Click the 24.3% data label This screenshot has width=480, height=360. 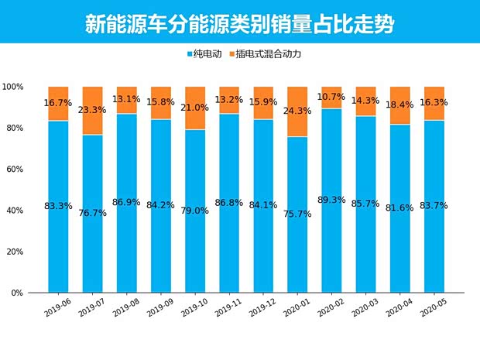pyautogui.click(x=297, y=111)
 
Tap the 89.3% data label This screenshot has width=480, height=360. pyautogui.click(x=332, y=199)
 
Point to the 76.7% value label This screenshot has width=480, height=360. pyautogui.click(x=92, y=213)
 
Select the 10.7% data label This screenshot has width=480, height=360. pyautogui.click(x=332, y=97)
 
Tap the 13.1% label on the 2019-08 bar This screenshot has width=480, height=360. pyautogui.click(x=126, y=99)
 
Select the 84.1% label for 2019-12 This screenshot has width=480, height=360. pyautogui.click(x=263, y=205)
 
